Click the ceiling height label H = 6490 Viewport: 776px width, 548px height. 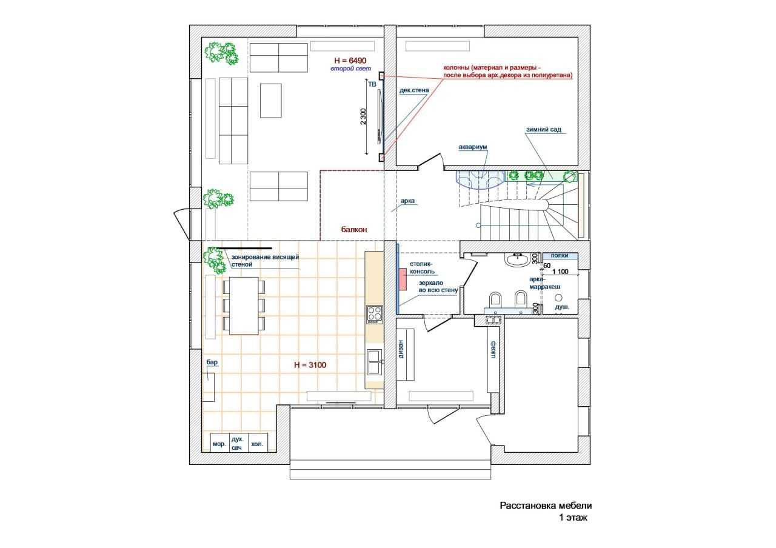tap(350, 61)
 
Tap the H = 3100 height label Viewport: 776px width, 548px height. tap(310, 365)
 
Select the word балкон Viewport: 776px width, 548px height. tap(353, 229)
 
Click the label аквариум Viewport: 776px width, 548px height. tap(472, 147)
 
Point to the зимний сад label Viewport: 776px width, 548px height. tap(544, 130)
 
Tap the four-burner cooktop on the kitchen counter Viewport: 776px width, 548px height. tap(375, 315)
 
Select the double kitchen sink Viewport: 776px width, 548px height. tap(375, 362)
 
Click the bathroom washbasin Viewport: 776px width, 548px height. tap(517, 259)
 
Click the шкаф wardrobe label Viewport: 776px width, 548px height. tap(493, 349)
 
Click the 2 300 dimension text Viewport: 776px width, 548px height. tap(363, 116)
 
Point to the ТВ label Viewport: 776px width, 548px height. tap(372, 84)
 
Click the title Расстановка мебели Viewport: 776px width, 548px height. tap(546, 506)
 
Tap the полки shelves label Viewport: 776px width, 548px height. tap(560, 255)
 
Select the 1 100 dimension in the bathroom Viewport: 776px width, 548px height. tap(560, 271)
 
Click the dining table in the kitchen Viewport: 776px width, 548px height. tap(244, 306)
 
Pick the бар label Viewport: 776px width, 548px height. tap(212, 362)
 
